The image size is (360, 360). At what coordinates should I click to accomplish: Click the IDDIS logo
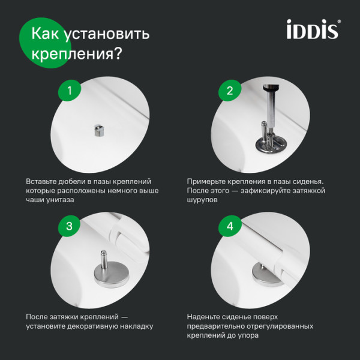311,29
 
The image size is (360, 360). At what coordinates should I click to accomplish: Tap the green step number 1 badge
70,91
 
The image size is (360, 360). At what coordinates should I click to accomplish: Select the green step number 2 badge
229,91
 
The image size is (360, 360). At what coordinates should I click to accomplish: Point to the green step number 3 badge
70,226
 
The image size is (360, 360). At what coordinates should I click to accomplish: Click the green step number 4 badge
229,226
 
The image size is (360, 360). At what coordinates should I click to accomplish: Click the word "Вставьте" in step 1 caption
43,181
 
